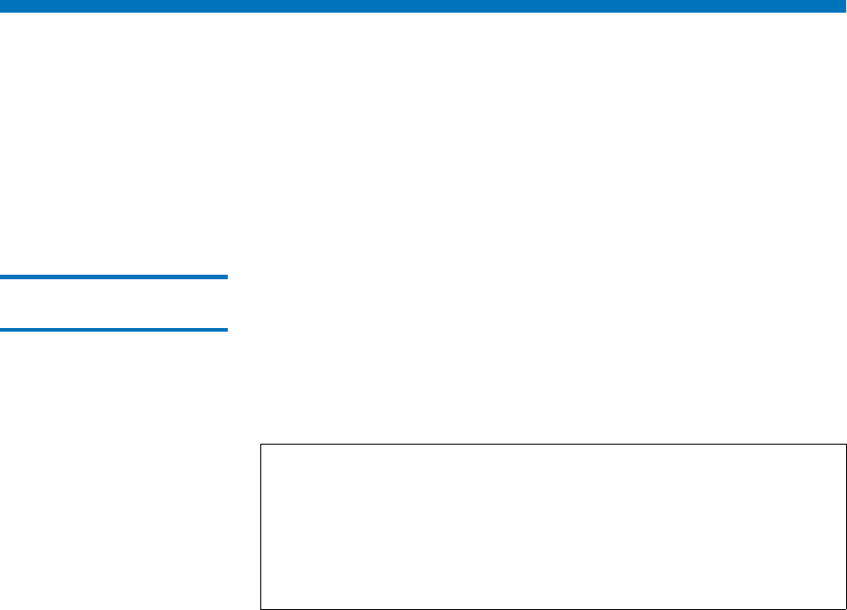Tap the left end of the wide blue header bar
tap(3, 6)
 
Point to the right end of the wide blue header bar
tap(843, 6)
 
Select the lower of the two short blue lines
tap(114, 330)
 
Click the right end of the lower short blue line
tap(226, 330)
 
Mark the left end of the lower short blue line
tap(2, 330)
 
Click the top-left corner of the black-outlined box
tap(260, 444)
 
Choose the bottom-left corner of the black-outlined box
tap(260, 608)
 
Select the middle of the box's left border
tap(260, 526)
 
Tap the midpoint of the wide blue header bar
tap(423, 6)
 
